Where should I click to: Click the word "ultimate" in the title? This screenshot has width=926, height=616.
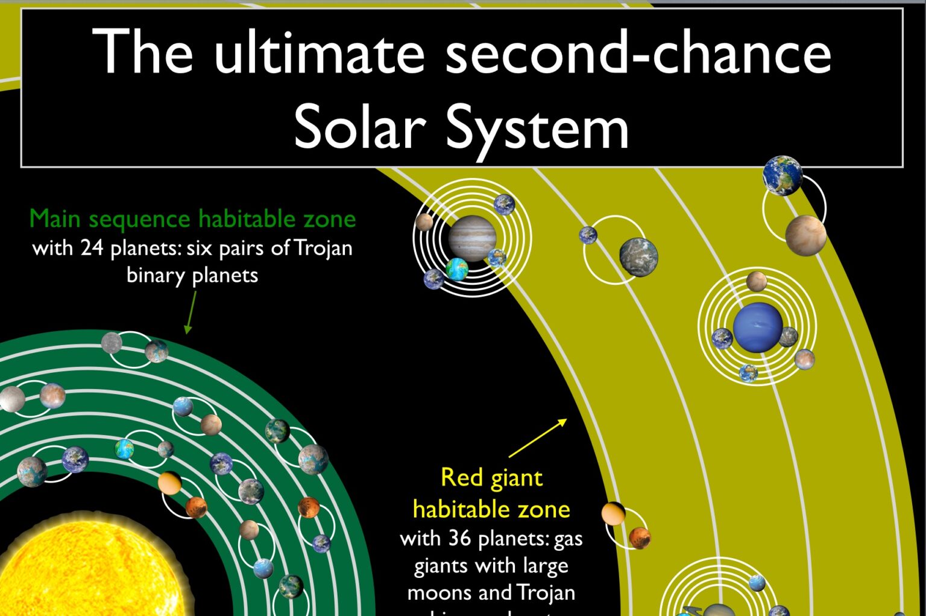(x=320, y=53)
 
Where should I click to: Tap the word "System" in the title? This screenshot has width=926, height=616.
(x=538, y=128)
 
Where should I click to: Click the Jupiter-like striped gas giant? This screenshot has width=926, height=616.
(x=472, y=238)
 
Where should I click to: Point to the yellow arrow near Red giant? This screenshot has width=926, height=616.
(x=538, y=438)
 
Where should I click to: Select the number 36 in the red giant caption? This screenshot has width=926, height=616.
(x=459, y=538)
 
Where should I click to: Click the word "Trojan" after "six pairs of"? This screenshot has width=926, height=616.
(x=323, y=248)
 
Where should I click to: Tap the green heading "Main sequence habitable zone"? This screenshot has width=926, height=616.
(x=192, y=218)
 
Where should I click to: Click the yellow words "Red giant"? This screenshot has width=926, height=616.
(x=491, y=478)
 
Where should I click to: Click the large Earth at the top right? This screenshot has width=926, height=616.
(x=783, y=176)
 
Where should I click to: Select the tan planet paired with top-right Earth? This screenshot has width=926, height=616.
(x=805, y=235)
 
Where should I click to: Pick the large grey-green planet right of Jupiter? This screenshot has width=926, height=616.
(x=638, y=256)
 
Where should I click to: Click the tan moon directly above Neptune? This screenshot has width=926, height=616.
(x=757, y=281)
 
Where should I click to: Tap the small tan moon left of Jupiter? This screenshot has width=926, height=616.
(x=424, y=222)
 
